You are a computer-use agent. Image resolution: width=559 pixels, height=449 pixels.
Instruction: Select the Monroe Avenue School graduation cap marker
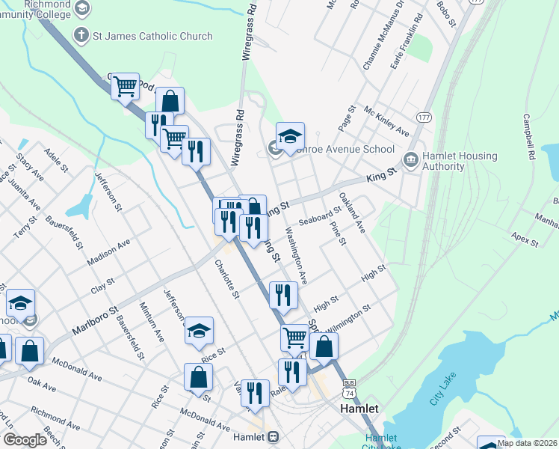pyautogui.click(x=290, y=136)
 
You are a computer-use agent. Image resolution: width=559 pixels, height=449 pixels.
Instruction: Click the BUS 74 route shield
pyautogui.click(x=348, y=387)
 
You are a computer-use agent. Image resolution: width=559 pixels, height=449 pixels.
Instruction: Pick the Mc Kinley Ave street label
pyautogui.click(x=386, y=121)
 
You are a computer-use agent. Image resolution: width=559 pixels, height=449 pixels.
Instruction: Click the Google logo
pyautogui.click(x=24, y=440)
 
